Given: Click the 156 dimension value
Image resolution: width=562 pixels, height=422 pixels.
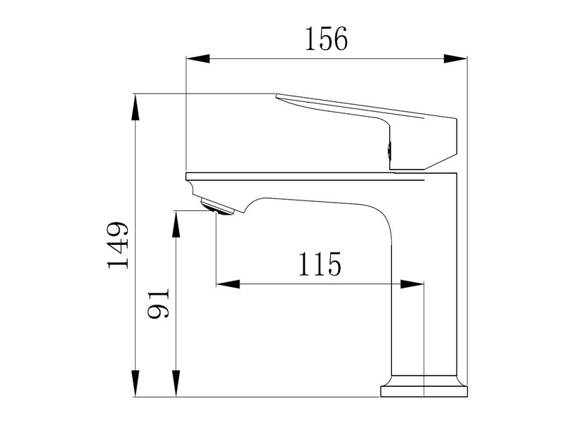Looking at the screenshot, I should pyautogui.click(x=326, y=39).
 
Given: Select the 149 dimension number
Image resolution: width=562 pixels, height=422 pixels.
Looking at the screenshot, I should pyautogui.click(x=117, y=245).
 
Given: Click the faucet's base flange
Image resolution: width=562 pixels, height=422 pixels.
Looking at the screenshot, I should pyautogui.click(x=424, y=390).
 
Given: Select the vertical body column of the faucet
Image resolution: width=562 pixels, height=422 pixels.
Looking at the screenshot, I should pyautogui.click(x=426, y=281).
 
